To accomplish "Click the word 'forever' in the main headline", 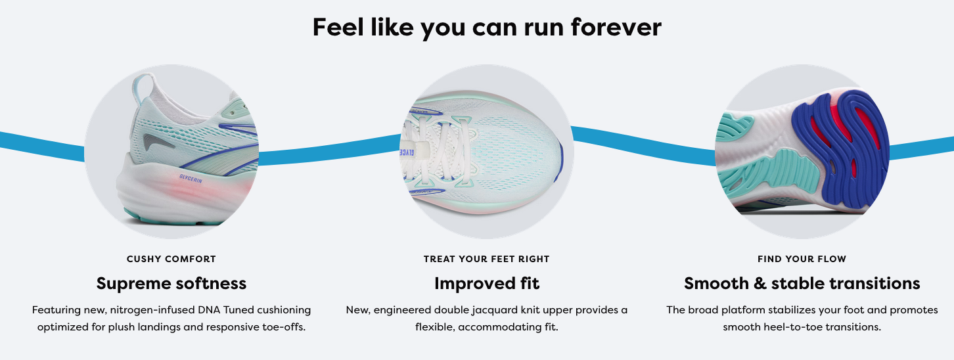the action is tap(616, 27).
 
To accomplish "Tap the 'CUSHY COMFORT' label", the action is tap(171, 259).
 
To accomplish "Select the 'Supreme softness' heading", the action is tap(171, 284).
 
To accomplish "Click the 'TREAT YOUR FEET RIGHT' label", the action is tap(486, 259).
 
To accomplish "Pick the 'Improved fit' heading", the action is tap(487, 284).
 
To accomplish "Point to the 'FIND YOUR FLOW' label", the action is tap(802, 259).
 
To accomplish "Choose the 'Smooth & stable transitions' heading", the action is tap(802, 284).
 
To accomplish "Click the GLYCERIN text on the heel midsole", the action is tap(191, 179).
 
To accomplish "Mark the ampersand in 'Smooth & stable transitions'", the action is tap(760, 284).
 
